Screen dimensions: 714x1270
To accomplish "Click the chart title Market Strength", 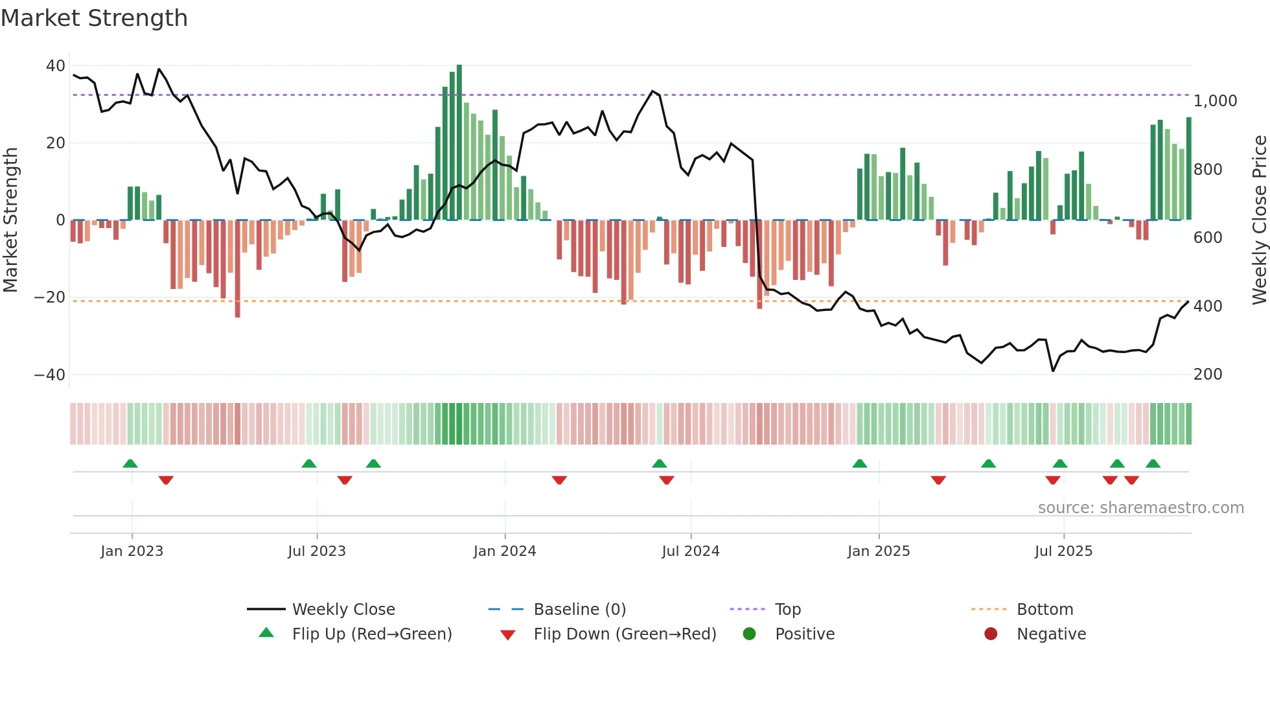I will coord(94,18).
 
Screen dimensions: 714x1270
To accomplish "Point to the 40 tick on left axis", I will coord(55,66).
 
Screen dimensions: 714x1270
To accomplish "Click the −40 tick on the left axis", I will coord(50,375).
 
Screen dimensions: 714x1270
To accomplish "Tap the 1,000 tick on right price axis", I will coord(1215,101).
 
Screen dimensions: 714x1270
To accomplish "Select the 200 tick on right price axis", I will coord(1207,374).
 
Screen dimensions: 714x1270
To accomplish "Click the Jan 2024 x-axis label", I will coord(504,551).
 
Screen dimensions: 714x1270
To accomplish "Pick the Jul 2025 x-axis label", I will coord(1063,551).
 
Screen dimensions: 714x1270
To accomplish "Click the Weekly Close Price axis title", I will coord(1259,220).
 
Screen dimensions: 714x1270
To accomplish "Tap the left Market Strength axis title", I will coord(11,220).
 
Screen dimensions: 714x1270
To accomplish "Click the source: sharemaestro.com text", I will coord(1140,508).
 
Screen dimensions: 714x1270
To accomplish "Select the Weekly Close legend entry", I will coord(343,610).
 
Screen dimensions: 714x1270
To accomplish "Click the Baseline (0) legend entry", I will coord(579,610).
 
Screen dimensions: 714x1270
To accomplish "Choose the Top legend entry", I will coord(787,610).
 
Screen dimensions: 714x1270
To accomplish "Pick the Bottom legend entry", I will coord(1045,610).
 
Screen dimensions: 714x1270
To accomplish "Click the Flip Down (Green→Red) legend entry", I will coord(624,634).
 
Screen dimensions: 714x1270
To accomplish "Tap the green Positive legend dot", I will coord(749,634).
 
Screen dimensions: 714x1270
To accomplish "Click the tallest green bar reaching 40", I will coord(459,143).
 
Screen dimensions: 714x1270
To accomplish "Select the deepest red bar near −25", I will coord(238,269).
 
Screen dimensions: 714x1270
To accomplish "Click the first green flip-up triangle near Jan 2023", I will coord(130,464).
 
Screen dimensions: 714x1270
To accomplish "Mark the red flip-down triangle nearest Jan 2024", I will coord(559,480).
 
